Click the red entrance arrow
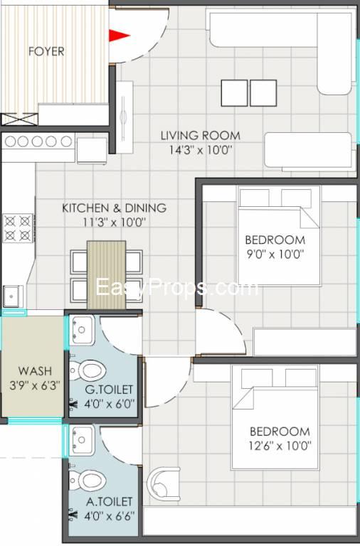(x=119, y=35)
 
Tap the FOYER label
(x=46, y=51)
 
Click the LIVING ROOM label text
(x=201, y=135)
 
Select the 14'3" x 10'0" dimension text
(x=201, y=150)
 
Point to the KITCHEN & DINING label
(x=115, y=208)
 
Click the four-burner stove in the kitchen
(x=18, y=228)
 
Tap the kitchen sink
(x=14, y=296)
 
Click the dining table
(x=106, y=275)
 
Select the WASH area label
(x=35, y=370)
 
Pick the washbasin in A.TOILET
(x=82, y=440)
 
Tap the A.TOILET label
(x=110, y=502)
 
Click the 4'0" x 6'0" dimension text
(x=110, y=404)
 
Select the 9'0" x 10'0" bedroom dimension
(x=275, y=255)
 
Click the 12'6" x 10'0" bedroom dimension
(x=280, y=446)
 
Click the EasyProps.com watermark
(x=177, y=287)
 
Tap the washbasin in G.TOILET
(x=82, y=330)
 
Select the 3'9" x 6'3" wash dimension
(x=35, y=385)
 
